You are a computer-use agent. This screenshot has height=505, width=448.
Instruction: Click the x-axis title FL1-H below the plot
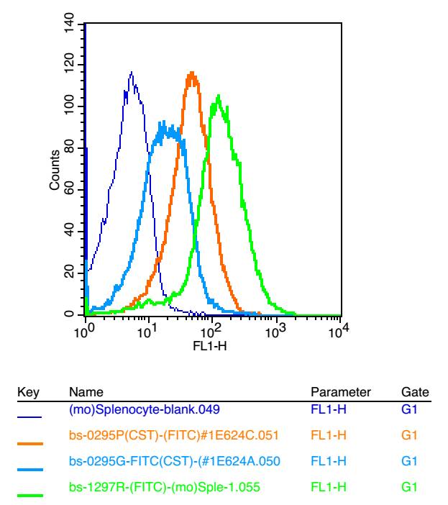pyautogui.click(x=213, y=346)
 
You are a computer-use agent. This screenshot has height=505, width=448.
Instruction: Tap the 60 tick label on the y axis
pyautogui.click(x=69, y=190)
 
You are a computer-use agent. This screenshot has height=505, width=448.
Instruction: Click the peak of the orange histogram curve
pyautogui.click(x=191, y=73)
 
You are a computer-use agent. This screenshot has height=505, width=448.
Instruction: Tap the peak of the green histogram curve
pyautogui.click(x=218, y=95)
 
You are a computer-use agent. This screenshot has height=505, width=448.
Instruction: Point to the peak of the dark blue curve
pyautogui.click(x=132, y=72)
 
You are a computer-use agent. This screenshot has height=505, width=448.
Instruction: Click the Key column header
pyautogui.click(x=27, y=392)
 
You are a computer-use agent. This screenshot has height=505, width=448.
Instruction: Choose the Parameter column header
pyautogui.click(x=340, y=392)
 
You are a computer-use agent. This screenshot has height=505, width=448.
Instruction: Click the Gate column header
pyautogui.click(x=415, y=392)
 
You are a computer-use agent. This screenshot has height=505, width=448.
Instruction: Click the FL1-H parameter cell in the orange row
pyautogui.click(x=328, y=434)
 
